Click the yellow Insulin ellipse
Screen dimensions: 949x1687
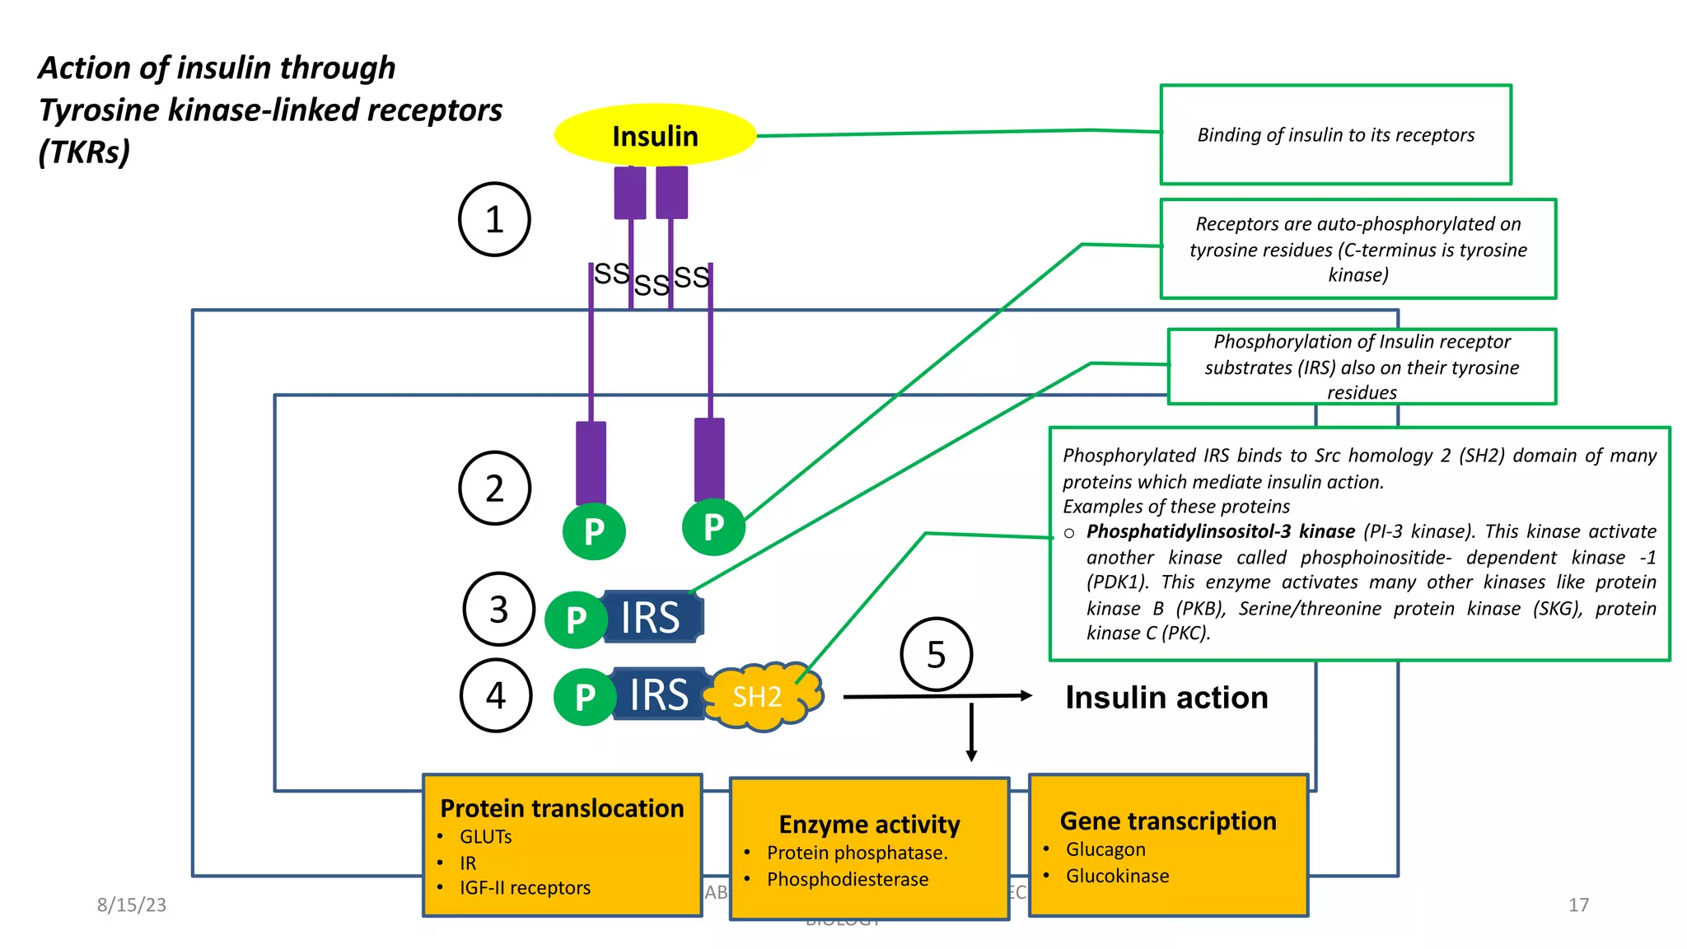coord(655,135)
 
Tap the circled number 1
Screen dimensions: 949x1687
coord(494,219)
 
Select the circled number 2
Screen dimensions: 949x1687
coord(494,489)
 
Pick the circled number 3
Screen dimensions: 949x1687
coord(498,610)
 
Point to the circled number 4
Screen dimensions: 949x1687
coord(495,695)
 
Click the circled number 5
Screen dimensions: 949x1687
coord(937,655)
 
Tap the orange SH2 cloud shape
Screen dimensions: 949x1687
coord(762,697)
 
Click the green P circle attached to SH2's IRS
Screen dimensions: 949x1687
coord(585,697)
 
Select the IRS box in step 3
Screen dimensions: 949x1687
coord(652,617)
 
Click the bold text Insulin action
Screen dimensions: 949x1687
coord(1166,698)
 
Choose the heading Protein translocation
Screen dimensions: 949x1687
coord(562,808)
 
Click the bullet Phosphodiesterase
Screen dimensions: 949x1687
coord(847,879)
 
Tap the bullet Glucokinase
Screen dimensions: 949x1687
coord(1117,876)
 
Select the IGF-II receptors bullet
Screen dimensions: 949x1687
coord(525,888)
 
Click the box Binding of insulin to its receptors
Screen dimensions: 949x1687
coord(1335,134)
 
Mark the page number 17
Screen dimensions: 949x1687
coord(1578,905)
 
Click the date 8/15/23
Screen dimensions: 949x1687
coord(132,905)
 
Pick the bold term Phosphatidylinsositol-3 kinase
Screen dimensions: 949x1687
coord(1220,531)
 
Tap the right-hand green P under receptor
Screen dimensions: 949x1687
coord(714,526)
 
